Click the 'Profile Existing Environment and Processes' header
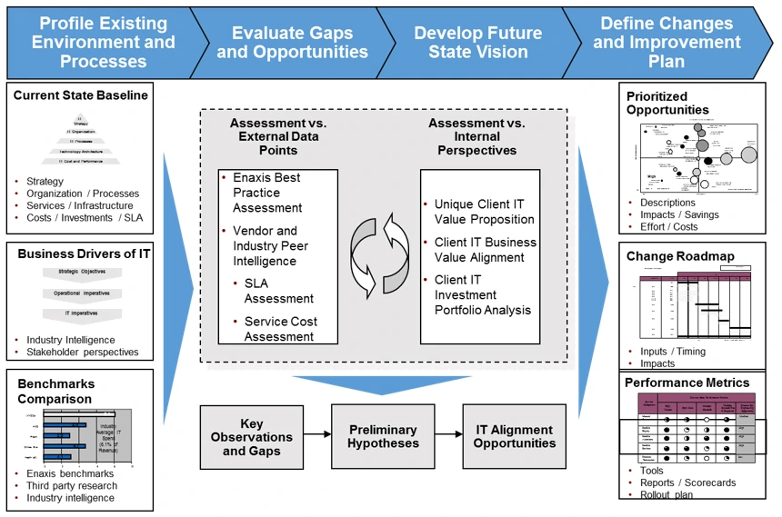(x=103, y=42)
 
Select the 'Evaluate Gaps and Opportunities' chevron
(x=292, y=42)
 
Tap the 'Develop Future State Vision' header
(x=477, y=42)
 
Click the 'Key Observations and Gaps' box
(x=252, y=437)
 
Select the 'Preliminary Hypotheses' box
(x=383, y=437)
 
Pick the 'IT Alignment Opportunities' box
(x=515, y=437)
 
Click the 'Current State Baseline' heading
(x=80, y=95)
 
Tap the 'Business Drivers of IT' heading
(x=84, y=254)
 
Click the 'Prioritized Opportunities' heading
(x=667, y=103)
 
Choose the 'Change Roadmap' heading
(x=680, y=256)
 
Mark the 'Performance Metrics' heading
(x=687, y=383)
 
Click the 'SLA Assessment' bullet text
(x=279, y=291)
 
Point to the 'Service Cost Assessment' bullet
(x=279, y=329)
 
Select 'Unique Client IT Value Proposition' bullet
(x=484, y=212)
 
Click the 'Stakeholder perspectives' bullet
(x=82, y=353)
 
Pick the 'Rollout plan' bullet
(x=666, y=495)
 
